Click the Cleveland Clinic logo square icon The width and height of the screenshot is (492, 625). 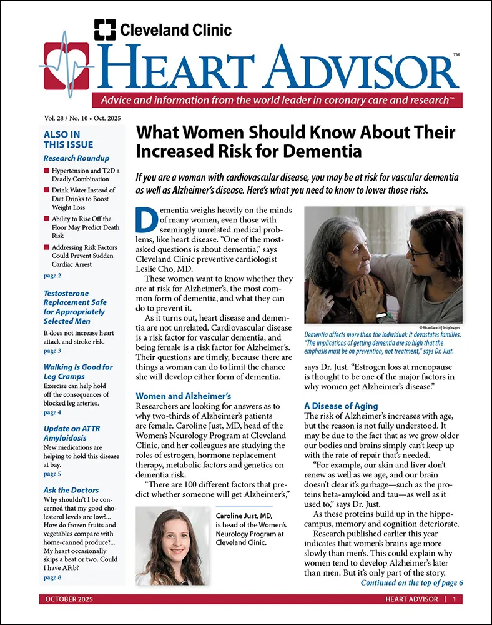[x=104, y=30]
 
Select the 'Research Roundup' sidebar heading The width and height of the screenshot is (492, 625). [x=76, y=158]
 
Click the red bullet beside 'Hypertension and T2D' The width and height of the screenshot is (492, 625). [x=47, y=171]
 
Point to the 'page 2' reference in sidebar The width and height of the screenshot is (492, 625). [x=52, y=276]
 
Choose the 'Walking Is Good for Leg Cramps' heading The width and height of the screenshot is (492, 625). [x=78, y=372]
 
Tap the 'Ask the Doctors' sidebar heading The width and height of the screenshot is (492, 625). [x=71, y=490]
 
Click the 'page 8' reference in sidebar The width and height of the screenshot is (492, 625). [x=52, y=577]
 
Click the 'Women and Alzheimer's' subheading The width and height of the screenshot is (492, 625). [x=184, y=396]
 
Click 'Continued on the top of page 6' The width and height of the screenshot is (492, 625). [x=411, y=582]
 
